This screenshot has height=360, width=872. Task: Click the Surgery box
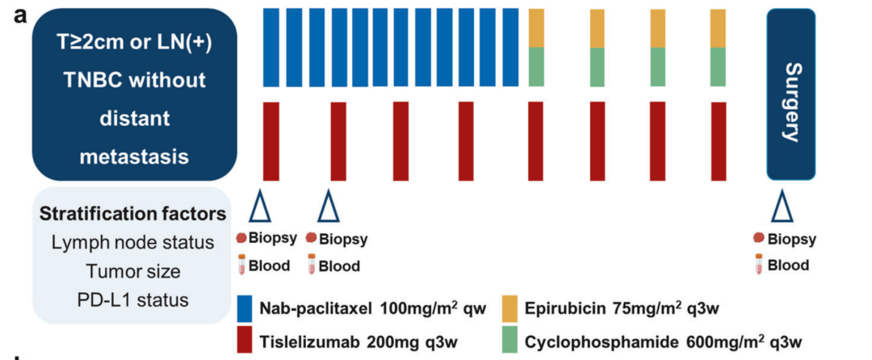[790, 94]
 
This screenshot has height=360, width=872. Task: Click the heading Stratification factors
[132, 215]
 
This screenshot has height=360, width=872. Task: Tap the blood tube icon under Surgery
[758, 264]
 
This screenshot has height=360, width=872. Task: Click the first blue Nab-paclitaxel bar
[270, 47]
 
